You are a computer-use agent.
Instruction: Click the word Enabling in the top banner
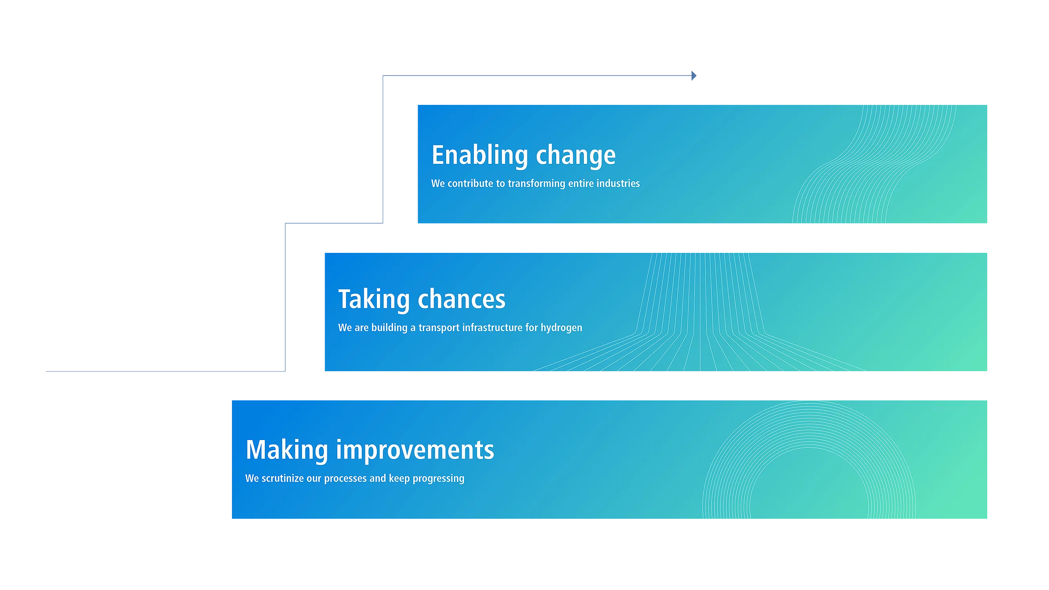480,156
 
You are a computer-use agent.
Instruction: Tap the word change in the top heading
576,156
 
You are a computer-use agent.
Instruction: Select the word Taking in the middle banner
374,300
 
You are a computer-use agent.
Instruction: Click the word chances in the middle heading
462,299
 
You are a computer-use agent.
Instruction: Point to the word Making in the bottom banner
287,450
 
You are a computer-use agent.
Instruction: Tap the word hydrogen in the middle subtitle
562,328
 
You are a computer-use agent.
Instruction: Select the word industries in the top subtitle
618,183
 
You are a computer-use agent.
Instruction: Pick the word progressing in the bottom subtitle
439,479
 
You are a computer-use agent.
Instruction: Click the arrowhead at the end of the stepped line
694,76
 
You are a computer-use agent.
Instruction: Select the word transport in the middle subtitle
439,328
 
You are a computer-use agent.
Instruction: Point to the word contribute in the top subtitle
470,183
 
